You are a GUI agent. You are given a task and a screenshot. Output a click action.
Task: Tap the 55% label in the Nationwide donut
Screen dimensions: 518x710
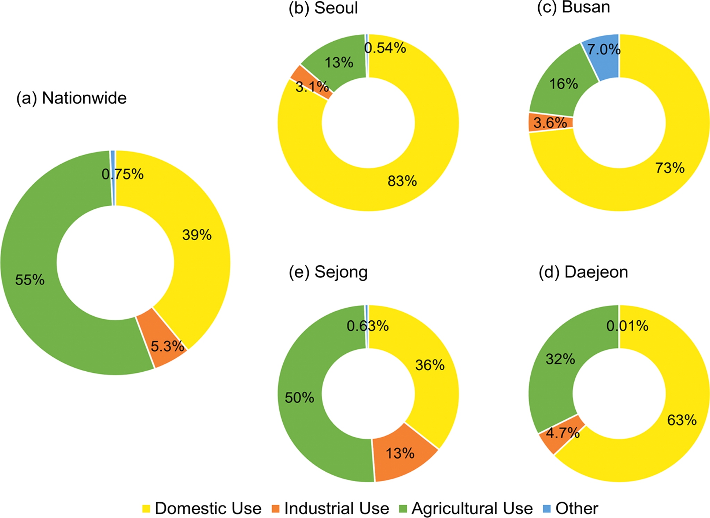coord(30,280)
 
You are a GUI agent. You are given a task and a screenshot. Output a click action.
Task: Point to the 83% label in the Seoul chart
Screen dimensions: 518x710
coord(402,181)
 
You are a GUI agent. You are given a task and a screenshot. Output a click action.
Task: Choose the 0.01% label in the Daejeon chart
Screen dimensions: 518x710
coord(627,326)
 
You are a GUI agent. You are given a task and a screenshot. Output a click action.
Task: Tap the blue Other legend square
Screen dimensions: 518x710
coord(547,509)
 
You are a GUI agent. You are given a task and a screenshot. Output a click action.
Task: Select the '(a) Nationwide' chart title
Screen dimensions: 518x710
coord(71,98)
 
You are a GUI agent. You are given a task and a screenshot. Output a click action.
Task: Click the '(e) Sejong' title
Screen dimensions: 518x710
coord(328,272)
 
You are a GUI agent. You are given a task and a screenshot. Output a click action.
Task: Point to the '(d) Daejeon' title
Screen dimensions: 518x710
coord(583,272)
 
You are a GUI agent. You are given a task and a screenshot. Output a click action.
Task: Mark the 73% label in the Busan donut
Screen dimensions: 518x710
coord(670,168)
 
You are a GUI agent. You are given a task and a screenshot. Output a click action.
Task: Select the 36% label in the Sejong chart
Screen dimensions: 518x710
coord(430,365)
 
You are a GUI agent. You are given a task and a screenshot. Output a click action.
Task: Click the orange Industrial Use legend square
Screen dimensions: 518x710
coord(276,509)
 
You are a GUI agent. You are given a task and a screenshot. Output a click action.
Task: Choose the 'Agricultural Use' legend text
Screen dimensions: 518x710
coord(472,509)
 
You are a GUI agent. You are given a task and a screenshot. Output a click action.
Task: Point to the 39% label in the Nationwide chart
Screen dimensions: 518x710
coord(197,235)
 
